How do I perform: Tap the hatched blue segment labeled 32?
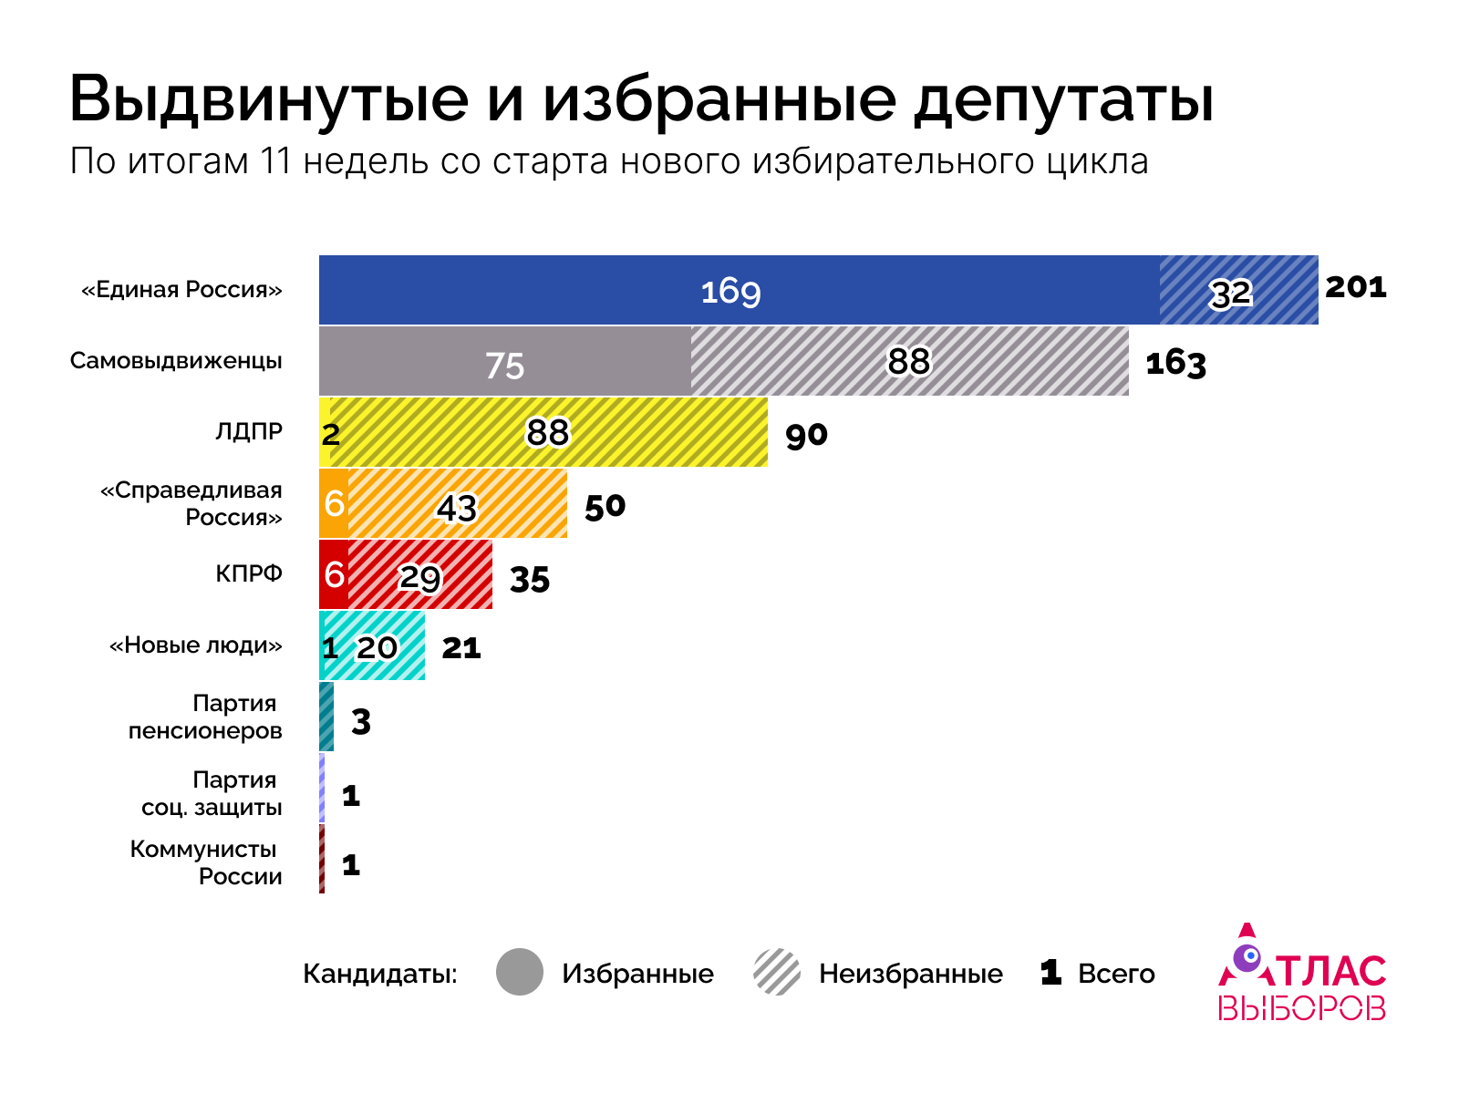click(x=1238, y=290)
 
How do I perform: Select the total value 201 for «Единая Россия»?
click(x=1355, y=287)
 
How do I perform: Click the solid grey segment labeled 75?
click(x=504, y=362)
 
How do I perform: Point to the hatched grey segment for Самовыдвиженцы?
click(x=909, y=362)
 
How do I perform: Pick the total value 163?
click(x=1175, y=363)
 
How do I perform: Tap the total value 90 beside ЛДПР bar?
click(x=806, y=435)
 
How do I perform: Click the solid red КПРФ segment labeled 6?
click(x=334, y=574)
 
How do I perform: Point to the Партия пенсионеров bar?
click(x=326, y=717)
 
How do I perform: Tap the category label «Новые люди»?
click(x=195, y=645)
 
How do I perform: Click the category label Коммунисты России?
click(x=206, y=862)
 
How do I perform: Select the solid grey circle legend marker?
click(x=520, y=972)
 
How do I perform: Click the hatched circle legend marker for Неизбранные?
click(x=777, y=972)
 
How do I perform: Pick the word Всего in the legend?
click(x=1116, y=974)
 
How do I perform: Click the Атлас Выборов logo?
click(x=1301, y=974)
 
